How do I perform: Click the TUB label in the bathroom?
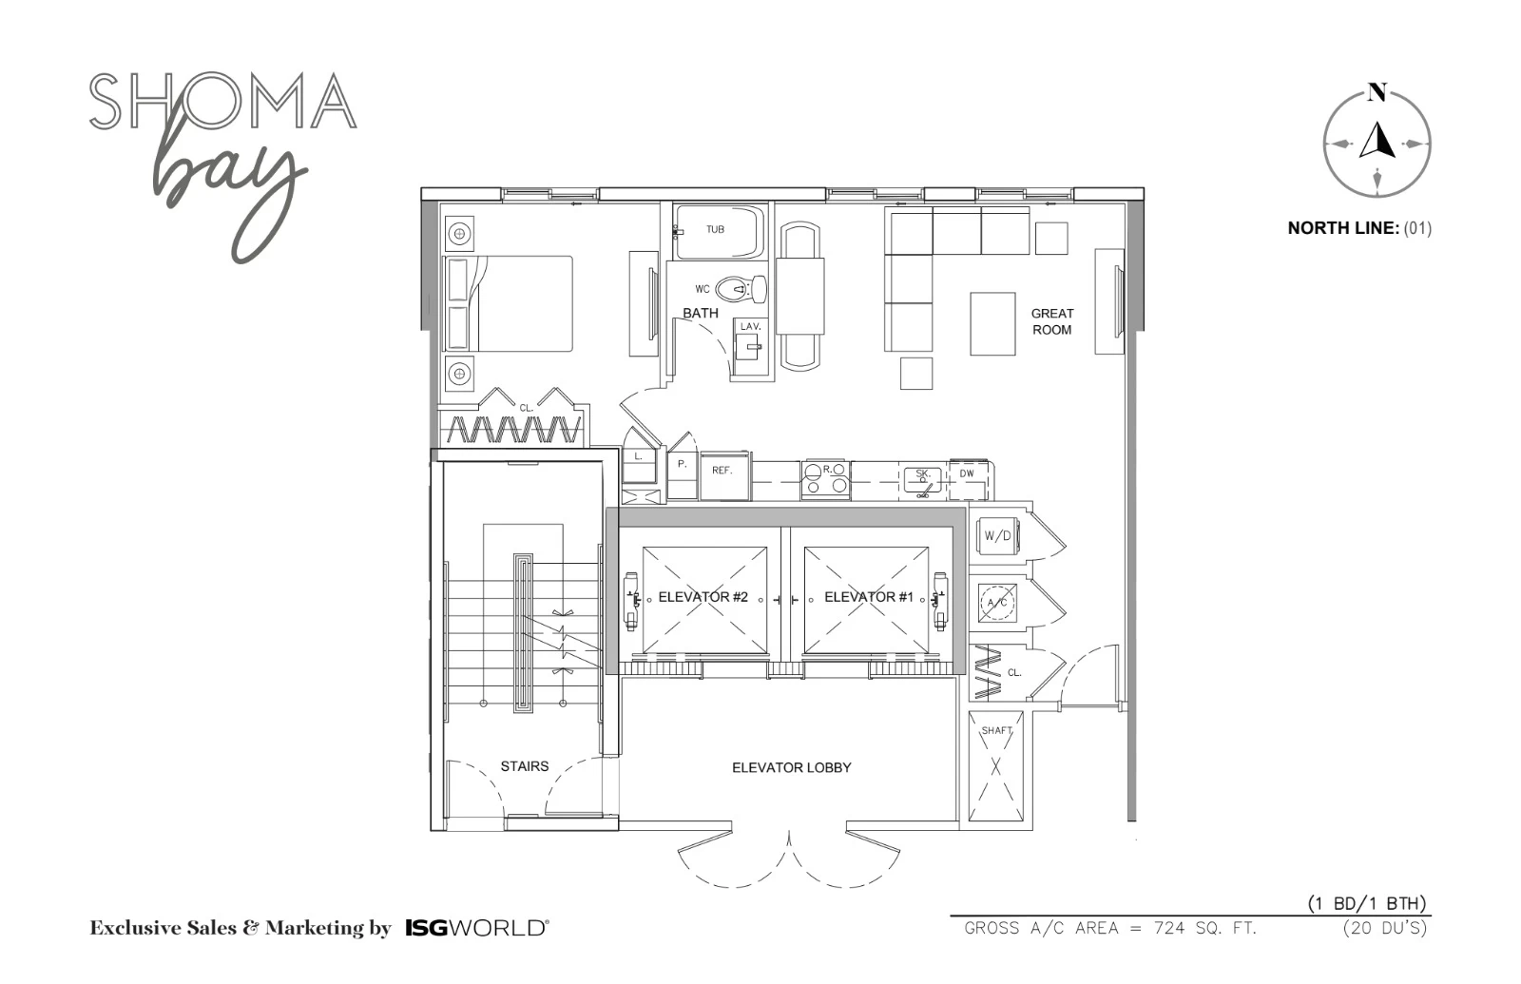coord(715,229)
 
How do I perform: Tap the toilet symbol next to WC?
coord(742,289)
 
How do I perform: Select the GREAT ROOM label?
coord(1051,322)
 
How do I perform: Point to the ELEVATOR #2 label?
coord(703,597)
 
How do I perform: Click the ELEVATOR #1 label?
coord(869,597)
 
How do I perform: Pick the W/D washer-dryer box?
coord(997,536)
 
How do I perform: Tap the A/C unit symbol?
coord(997,603)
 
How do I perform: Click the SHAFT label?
coord(996,731)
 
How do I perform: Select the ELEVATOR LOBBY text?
coord(791,767)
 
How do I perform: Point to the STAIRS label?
coord(524,766)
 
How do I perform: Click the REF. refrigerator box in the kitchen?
coord(725,476)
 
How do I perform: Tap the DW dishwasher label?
coord(967,473)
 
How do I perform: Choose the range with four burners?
coord(825,479)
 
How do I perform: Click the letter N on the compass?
coord(1377,91)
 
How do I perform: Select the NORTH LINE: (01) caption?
coord(1359,228)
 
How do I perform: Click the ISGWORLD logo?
coord(477,928)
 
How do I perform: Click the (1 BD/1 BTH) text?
coord(1367,903)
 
